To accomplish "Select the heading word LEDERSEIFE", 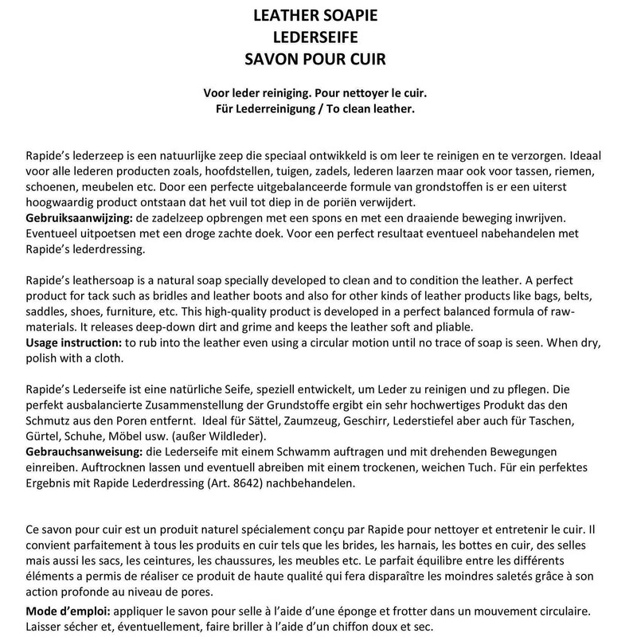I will tap(318, 37).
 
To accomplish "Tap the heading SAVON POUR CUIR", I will tap(318, 58).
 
